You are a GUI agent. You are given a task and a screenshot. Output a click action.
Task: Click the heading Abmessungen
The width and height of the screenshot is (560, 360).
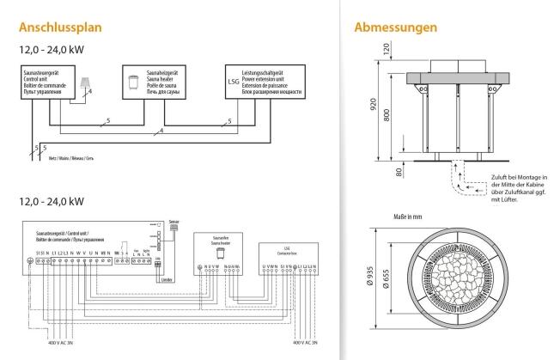tap(395, 27)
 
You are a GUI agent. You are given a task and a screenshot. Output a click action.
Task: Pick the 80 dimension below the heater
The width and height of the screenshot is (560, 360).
tap(399, 171)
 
